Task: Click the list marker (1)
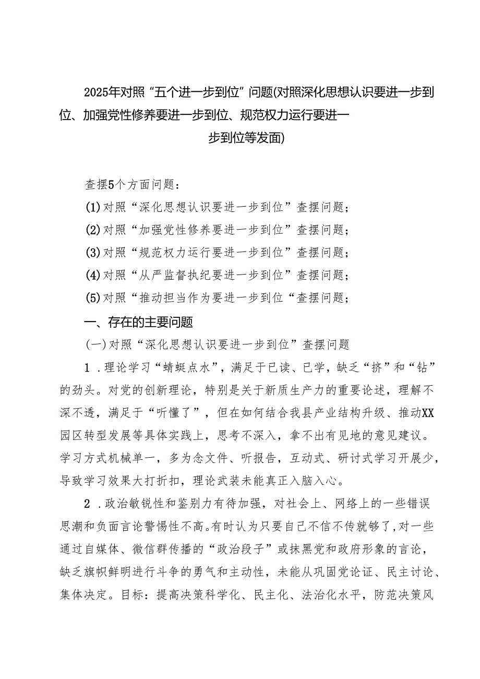[x=92, y=208]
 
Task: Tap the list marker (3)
[x=92, y=253]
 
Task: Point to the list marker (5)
[x=92, y=298]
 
